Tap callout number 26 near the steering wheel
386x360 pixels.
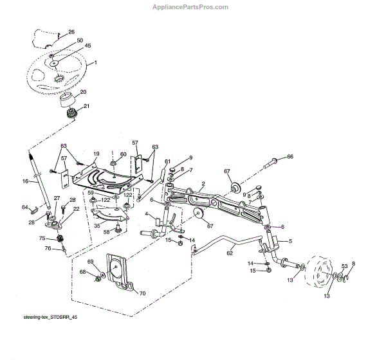pyautogui.click(x=71, y=32)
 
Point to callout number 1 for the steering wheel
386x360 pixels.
pyautogui.click(x=95, y=62)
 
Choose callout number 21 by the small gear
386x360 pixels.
pyautogui.click(x=86, y=107)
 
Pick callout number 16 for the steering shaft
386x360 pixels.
pyautogui.click(x=26, y=181)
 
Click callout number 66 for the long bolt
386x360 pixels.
pyautogui.click(x=289, y=156)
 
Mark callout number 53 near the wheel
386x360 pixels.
pyautogui.click(x=344, y=265)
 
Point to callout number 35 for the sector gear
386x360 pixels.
pyautogui.click(x=97, y=226)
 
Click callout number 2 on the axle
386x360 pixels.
pyautogui.click(x=203, y=184)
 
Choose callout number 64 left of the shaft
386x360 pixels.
pyautogui.click(x=25, y=207)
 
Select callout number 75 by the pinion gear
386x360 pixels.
pyautogui.click(x=42, y=238)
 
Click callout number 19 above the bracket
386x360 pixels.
pyautogui.click(x=96, y=154)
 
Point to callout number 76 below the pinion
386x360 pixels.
pyautogui.click(x=47, y=248)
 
